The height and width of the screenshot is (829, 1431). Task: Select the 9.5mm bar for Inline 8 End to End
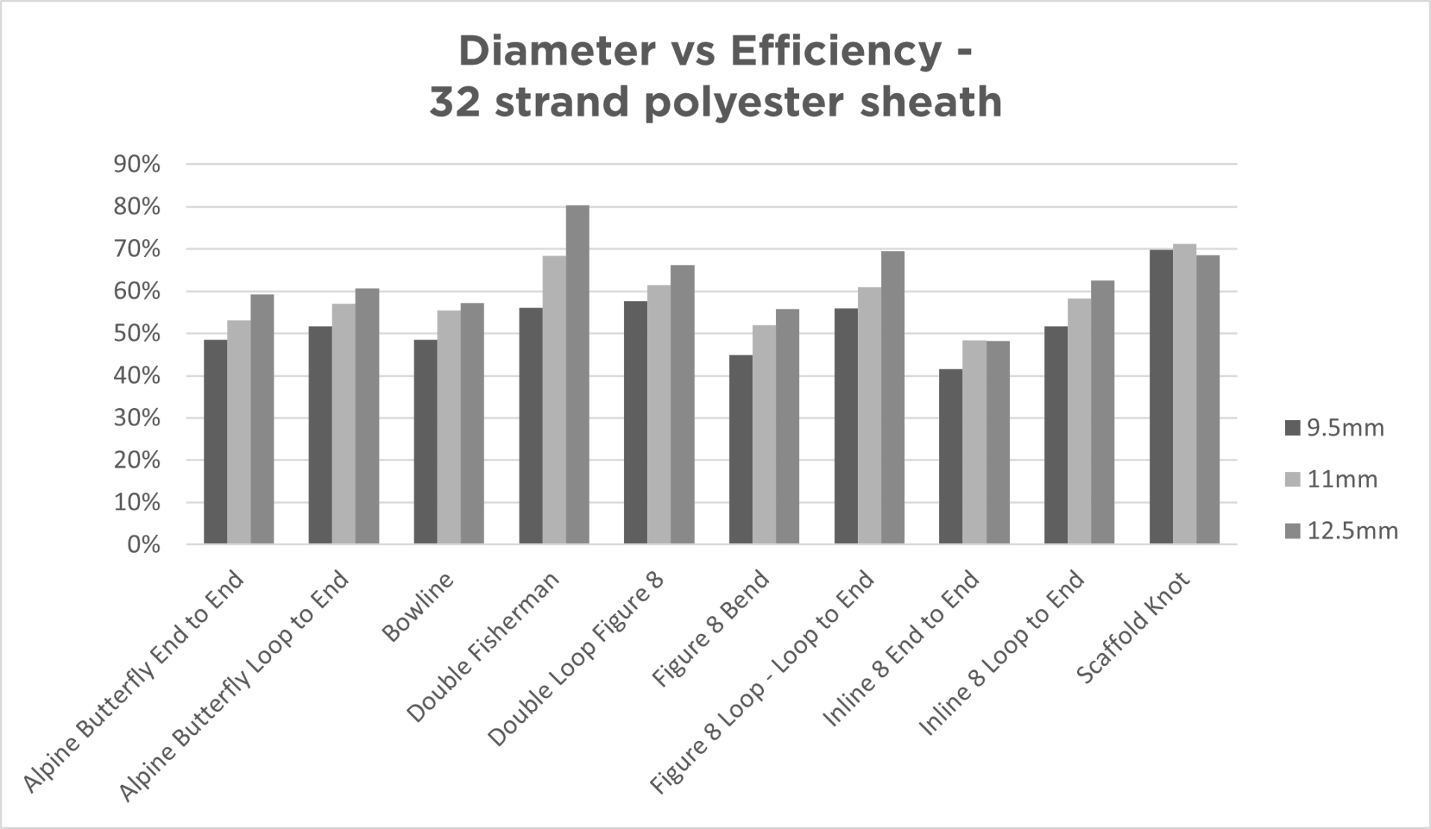click(950, 457)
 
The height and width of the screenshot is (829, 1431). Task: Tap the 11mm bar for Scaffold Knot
click(1184, 394)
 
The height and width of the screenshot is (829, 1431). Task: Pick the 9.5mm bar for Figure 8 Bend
click(740, 450)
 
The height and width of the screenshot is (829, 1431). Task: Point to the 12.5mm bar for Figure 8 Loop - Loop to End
click(892, 398)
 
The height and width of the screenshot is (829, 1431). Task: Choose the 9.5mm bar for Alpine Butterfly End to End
click(215, 442)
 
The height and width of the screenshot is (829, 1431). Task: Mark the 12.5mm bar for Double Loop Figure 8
click(682, 404)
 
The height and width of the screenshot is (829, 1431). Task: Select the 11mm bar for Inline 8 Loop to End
click(1079, 421)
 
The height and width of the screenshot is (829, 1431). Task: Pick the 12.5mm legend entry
click(1342, 531)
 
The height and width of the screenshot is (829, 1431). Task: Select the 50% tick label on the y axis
click(137, 334)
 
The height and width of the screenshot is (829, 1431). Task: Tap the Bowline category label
click(418, 607)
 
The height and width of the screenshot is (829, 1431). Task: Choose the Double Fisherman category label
click(483, 647)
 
